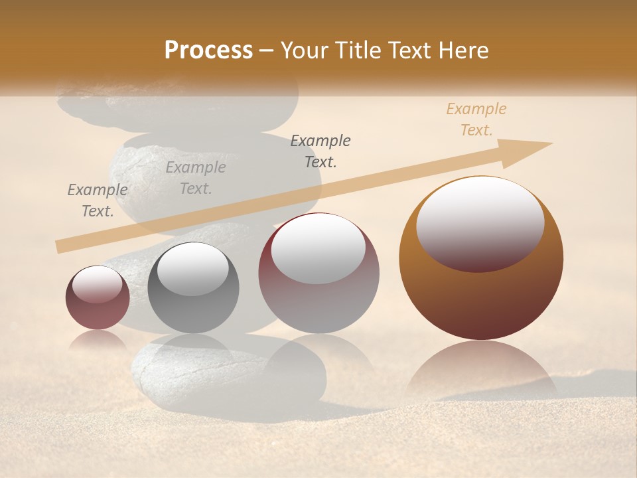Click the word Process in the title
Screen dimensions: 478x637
tap(208, 50)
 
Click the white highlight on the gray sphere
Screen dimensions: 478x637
tap(192, 269)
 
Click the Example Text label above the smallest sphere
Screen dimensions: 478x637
tap(98, 200)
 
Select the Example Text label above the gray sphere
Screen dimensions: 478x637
tap(196, 178)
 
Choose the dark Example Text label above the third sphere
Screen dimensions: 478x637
tap(320, 151)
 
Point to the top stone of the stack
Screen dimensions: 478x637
tap(179, 100)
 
